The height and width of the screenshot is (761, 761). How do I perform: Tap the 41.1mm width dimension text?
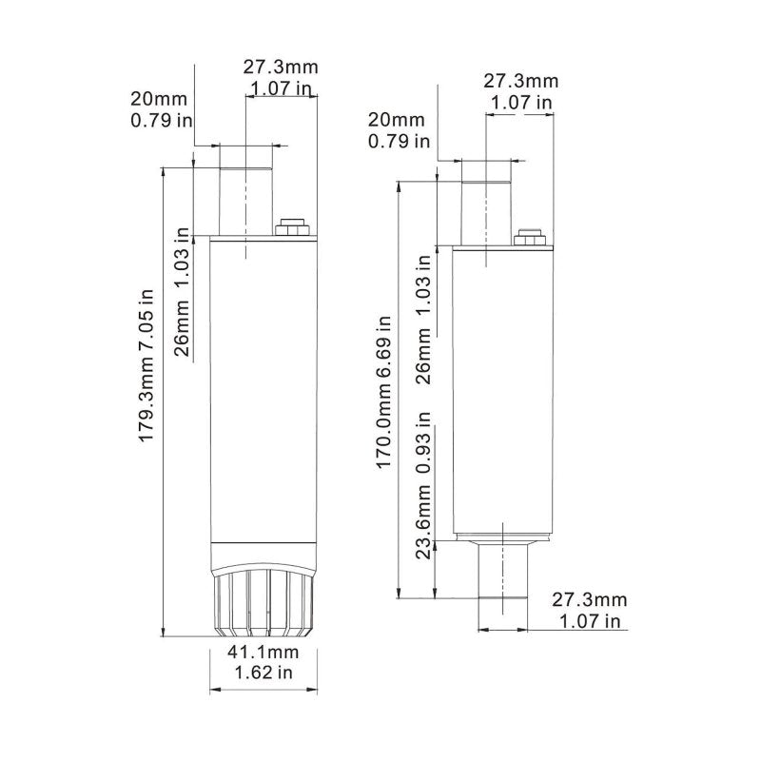click(262, 653)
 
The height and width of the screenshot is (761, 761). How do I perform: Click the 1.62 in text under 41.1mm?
click(262, 673)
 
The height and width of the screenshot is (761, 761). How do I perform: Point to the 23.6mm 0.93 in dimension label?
click(426, 487)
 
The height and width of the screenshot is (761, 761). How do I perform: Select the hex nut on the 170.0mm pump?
click(529, 238)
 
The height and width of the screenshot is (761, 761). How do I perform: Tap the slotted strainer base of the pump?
click(261, 605)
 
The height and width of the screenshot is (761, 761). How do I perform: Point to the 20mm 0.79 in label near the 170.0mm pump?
click(399, 130)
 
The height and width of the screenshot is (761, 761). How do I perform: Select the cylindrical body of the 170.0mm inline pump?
click(501, 390)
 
